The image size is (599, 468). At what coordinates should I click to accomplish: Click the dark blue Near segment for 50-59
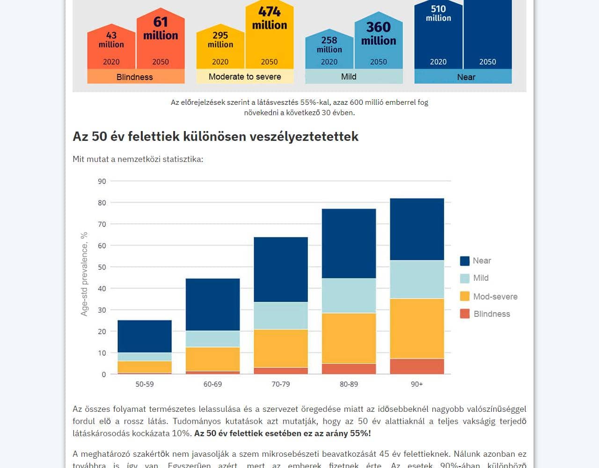point(145,336)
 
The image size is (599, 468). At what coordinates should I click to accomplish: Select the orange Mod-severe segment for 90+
point(416,328)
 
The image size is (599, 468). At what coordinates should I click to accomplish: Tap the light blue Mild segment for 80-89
point(349,295)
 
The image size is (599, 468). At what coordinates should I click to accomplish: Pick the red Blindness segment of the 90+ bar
point(416,366)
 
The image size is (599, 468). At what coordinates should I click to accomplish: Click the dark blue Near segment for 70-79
point(281,269)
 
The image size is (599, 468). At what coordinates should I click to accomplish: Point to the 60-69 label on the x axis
point(212,384)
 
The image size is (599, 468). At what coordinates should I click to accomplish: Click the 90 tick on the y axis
point(102,181)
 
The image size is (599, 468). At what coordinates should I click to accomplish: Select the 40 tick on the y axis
point(102,288)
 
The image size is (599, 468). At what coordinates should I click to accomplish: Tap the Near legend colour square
point(465,261)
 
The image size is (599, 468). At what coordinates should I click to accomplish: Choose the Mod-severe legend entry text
point(495,296)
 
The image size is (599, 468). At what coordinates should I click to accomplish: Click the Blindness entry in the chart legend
point(491,314)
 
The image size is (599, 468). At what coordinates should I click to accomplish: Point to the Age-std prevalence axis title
point(84,274)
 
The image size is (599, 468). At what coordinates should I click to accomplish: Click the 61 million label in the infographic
point(161,28)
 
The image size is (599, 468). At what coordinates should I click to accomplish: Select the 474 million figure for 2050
point(270,18)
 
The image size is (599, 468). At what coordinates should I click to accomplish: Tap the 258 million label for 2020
point(329,44)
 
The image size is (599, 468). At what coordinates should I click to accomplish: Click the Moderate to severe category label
point(245,77)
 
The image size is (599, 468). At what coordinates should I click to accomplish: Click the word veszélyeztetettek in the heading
point(304,136)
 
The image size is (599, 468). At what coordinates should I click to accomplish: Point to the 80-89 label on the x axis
point(349,384)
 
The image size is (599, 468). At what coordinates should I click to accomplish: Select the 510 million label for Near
point(438,13)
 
